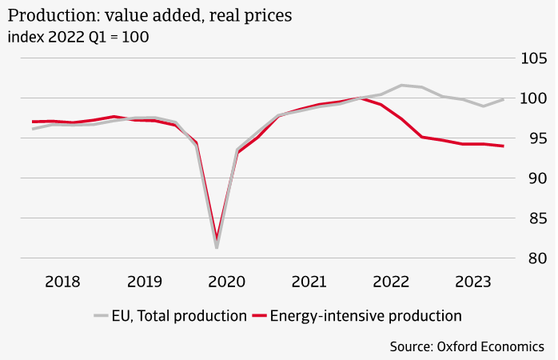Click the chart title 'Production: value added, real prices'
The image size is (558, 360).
pos(149,14)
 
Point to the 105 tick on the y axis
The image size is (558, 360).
pos(530,58)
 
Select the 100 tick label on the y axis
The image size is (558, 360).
pos(530,98)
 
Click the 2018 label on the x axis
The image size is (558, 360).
pos(62,282)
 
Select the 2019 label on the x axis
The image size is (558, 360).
pos(145,282)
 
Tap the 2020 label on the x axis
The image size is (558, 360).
pos(226,282)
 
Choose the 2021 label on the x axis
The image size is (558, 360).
pos(309,282)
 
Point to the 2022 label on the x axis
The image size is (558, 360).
pos(391,282)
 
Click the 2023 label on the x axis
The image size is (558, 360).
pos(473,282)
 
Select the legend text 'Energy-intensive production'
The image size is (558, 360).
pos(365,316)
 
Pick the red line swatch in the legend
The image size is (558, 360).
pos(258,316)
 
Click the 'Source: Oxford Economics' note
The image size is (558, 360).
pos(468,346)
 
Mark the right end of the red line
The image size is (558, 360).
pos(503,146)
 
